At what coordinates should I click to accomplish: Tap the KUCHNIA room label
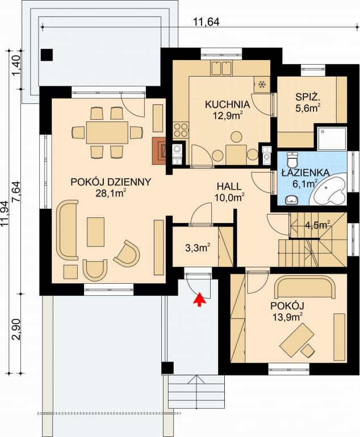[x=227, y=104]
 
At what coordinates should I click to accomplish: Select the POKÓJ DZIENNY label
[x=110, y=182]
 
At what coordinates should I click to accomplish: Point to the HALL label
[x=229, y=186]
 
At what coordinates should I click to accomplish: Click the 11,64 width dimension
[x=206, y=22]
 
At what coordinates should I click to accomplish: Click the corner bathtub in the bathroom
[x=329, y=190]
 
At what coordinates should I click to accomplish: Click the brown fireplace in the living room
[x=159, y=151]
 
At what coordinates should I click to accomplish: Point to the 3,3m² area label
[x=198, y=247]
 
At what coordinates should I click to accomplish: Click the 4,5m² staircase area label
[x=317, y=225]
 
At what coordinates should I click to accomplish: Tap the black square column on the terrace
[x=47, y=55]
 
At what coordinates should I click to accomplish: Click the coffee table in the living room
[x=95, y=232]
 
